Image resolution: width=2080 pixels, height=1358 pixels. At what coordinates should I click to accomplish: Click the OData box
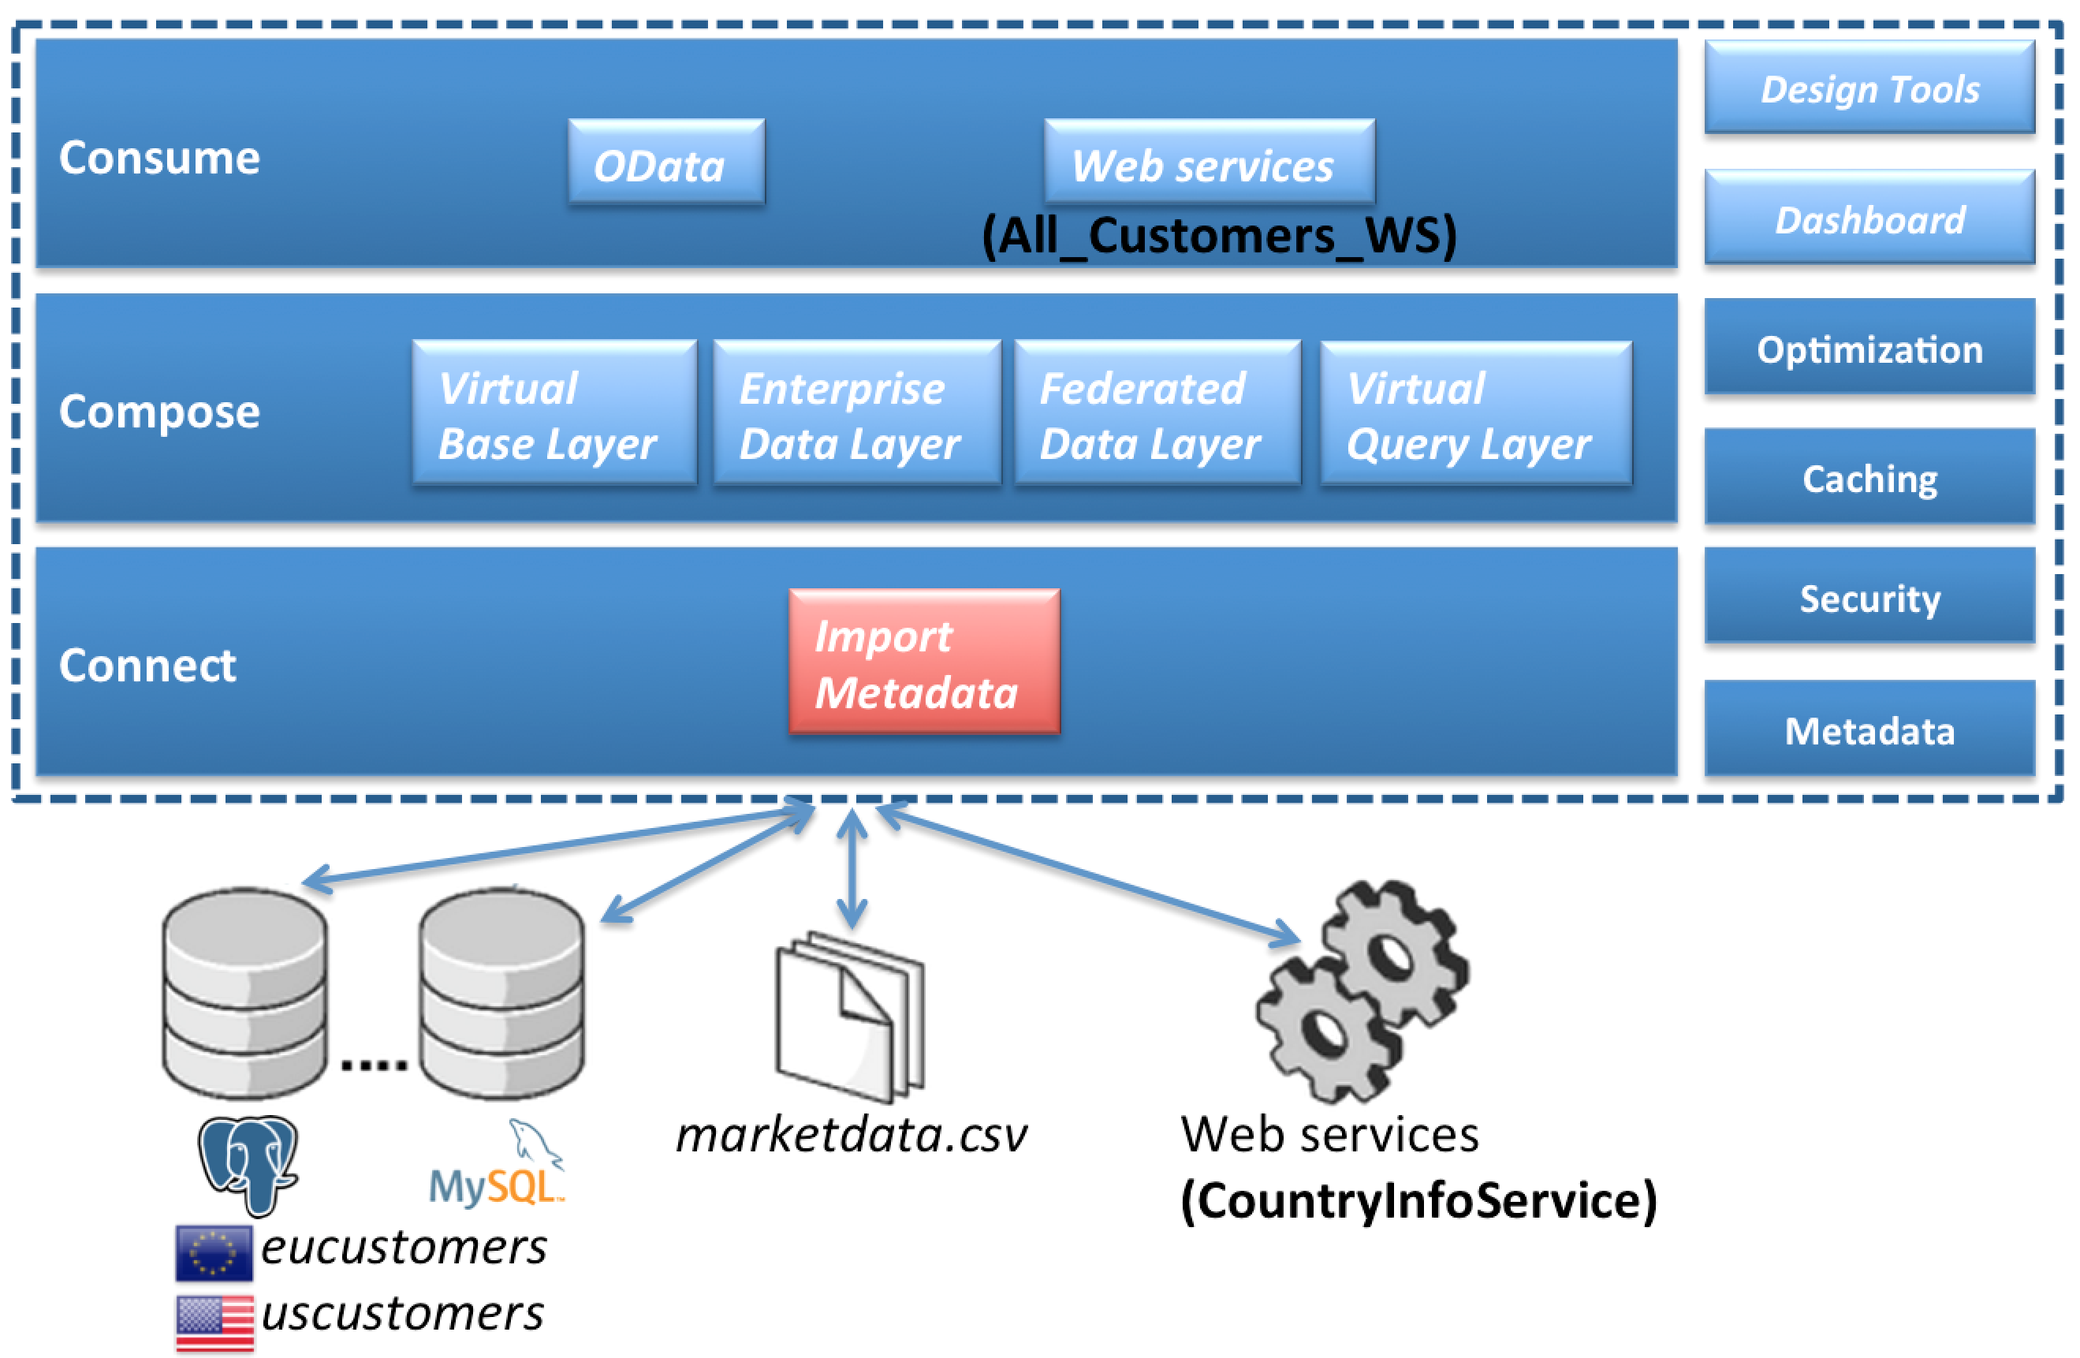pos(666,162)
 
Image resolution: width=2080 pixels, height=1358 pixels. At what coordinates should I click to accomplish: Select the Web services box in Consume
pos(1209,162)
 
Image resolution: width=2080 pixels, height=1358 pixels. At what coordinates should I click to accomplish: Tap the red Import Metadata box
pos(924,662)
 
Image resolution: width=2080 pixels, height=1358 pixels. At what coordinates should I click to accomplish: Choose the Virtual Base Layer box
pos(554,412)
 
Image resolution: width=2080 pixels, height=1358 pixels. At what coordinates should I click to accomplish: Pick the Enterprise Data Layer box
pos(856,412)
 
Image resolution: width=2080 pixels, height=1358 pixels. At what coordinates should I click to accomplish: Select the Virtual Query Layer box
pos(1475,412)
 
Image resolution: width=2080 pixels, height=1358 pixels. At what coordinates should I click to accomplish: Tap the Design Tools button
pos(1869,88)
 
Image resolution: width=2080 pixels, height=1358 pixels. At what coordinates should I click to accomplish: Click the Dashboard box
pos(1869,218)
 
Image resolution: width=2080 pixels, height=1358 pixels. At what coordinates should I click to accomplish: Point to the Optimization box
pos(1869,348)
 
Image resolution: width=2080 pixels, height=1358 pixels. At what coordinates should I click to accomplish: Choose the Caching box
pos(1869,477)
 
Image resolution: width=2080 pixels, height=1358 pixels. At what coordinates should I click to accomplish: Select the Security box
pos(1869,597)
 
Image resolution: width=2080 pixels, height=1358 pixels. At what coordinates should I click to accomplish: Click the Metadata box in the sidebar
pos(1869,729)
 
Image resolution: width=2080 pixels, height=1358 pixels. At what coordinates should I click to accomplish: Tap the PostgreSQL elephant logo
pos(248,1162)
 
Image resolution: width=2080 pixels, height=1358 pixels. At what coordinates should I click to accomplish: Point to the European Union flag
pos(213,1252)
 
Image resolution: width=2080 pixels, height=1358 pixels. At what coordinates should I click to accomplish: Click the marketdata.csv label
pos(852,1134)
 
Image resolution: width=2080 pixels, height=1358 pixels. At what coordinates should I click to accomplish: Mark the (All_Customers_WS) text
pos(1219,235)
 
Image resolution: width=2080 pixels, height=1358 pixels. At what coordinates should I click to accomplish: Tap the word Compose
pos(159,411)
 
